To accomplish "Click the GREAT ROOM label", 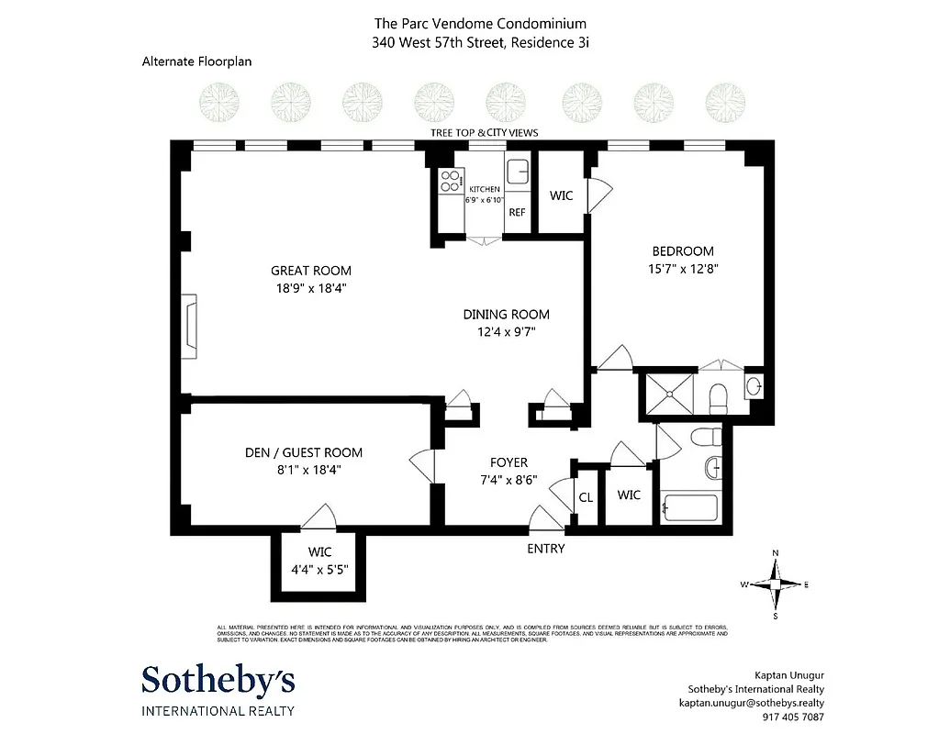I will click(310, 271).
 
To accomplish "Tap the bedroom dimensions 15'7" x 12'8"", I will click(682, 269).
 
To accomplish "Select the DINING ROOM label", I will click(506, 315).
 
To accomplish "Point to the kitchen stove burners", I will click(450, 182).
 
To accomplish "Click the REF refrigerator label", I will click(517, 213).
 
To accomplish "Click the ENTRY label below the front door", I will click(545, 549).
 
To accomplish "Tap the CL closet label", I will click(586, 498).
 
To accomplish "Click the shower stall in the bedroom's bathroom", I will click(670, 392).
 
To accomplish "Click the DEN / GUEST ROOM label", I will click(303, 452).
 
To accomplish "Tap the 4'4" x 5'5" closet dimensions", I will click(319, 569).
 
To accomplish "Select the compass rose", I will click(776, 584).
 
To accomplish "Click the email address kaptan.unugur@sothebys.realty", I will click(751, 704).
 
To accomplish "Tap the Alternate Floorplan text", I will click(196, 62).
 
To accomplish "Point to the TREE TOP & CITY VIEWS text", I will click(484, 133).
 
